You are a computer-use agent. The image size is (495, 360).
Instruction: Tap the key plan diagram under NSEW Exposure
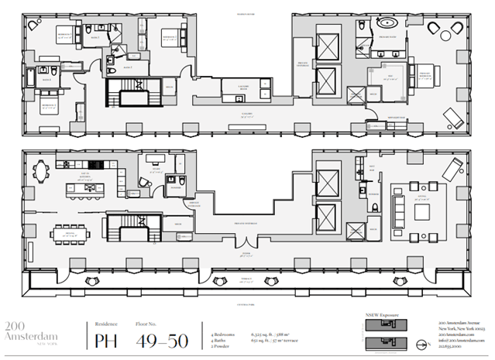click(384, 334)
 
